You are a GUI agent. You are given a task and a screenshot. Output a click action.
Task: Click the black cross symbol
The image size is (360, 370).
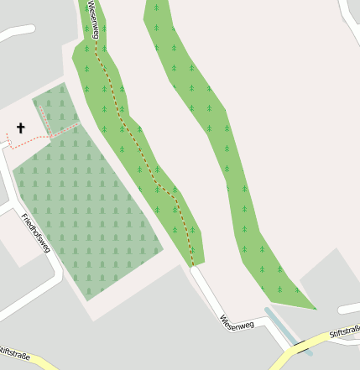pos(20,128)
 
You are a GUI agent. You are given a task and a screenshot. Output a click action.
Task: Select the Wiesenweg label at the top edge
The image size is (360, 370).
pos(94,18)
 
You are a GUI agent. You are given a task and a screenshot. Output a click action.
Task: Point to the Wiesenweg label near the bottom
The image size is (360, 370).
pos(236,321)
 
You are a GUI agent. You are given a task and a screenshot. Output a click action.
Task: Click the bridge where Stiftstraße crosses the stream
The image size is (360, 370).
pos(300,347)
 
